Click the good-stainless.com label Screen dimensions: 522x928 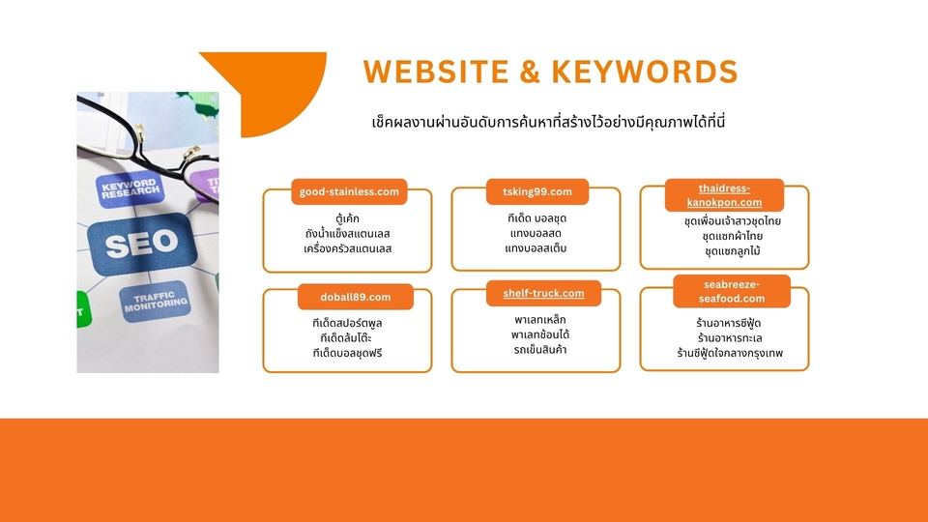pos(348,191)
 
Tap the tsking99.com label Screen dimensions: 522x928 pos(536,191)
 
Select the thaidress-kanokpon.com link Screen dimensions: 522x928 pos(724,195)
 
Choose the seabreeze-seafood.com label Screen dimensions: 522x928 pos(732,291)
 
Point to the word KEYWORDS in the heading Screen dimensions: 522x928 pos(658,72)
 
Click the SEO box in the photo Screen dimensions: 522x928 pos(141,246)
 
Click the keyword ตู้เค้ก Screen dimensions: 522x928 pos(348,218)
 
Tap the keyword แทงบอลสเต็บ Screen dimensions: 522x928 pos(536,249)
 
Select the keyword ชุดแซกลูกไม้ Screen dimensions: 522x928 pos(733,251)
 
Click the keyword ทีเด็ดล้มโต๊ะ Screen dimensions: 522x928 pos(348,336)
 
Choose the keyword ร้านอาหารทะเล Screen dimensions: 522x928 pos(731,338)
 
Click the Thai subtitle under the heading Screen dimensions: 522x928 pos(547,123)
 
